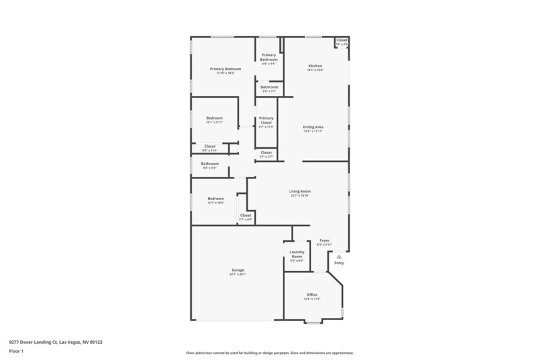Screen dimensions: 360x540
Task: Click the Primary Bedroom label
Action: point(225,69)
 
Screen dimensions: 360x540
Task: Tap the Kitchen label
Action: point(315,66)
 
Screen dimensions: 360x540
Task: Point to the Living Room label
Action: point(300,191)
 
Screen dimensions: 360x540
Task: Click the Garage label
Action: point(237,270)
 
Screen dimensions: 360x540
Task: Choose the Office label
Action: point(312,295)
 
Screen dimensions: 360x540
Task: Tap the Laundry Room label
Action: point(297,254)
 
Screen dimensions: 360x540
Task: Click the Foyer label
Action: point(324,240)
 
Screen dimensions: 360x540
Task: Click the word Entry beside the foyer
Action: point(339,263)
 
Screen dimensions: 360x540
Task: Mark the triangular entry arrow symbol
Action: point(340,257)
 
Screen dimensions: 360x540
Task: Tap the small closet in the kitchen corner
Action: point(342,41)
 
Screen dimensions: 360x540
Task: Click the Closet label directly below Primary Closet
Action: point(267,153)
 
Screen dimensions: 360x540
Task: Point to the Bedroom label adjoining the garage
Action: point(216,199)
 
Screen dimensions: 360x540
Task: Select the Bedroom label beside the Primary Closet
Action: point(214,118)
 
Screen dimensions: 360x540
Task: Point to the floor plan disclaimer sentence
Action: point(269,353)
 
